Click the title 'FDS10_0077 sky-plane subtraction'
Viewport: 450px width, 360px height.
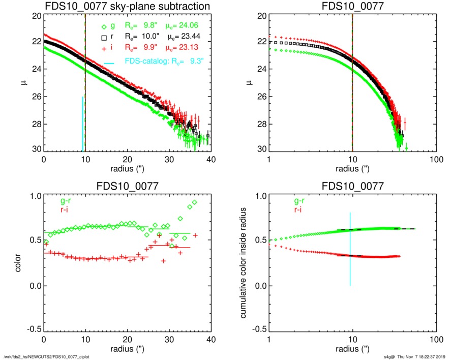[x=128, y=6]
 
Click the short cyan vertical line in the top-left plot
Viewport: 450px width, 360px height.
[x=82, y=124]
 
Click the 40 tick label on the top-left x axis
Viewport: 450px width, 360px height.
[x=211, y=159]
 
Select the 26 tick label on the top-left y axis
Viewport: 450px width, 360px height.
[x=36, y=97]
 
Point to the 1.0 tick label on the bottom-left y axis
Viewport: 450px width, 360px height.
[x=34, y=196]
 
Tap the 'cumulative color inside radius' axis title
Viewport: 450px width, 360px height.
[x=244, y=263]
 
